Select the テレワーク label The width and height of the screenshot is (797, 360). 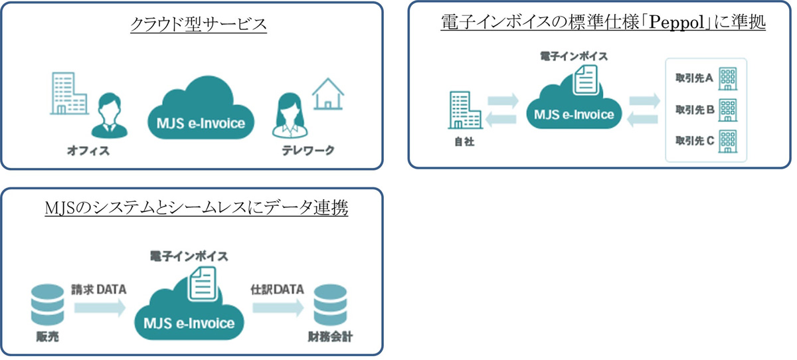(306, 151)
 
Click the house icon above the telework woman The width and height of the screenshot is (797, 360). (327, 94)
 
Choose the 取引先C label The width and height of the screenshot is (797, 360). (693, 140)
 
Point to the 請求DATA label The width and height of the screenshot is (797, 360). (98, 290)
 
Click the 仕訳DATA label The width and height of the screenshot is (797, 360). (277, 290)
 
